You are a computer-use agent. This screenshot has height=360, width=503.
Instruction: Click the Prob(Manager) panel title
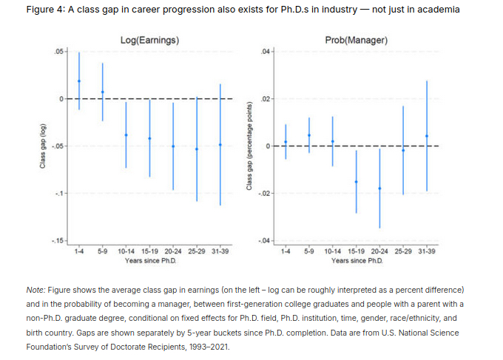357,39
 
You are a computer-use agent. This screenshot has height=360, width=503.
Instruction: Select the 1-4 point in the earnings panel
79,81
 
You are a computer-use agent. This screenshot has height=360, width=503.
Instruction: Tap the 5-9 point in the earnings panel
103,92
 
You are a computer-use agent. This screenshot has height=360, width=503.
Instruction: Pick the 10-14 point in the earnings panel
126,135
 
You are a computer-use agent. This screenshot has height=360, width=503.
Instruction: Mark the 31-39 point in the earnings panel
220,144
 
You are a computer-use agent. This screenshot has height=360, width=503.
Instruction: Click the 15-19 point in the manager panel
356,182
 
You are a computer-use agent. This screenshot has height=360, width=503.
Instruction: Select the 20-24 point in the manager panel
379,189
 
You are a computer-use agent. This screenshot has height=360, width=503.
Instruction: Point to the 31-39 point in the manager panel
427,136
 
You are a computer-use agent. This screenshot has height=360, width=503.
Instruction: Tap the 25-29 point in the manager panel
403,150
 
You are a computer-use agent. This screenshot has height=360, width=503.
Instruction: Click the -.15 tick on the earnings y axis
58,242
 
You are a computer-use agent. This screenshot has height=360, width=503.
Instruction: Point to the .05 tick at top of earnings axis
59,51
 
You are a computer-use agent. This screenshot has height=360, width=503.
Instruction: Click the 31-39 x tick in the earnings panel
220,251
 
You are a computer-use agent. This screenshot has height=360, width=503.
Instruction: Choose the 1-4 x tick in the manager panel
286,251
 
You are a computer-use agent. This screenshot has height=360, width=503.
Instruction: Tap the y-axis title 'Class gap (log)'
44,145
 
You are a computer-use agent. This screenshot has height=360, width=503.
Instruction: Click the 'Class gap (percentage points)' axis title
251,146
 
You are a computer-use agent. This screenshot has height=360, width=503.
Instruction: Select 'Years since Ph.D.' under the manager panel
357,260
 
